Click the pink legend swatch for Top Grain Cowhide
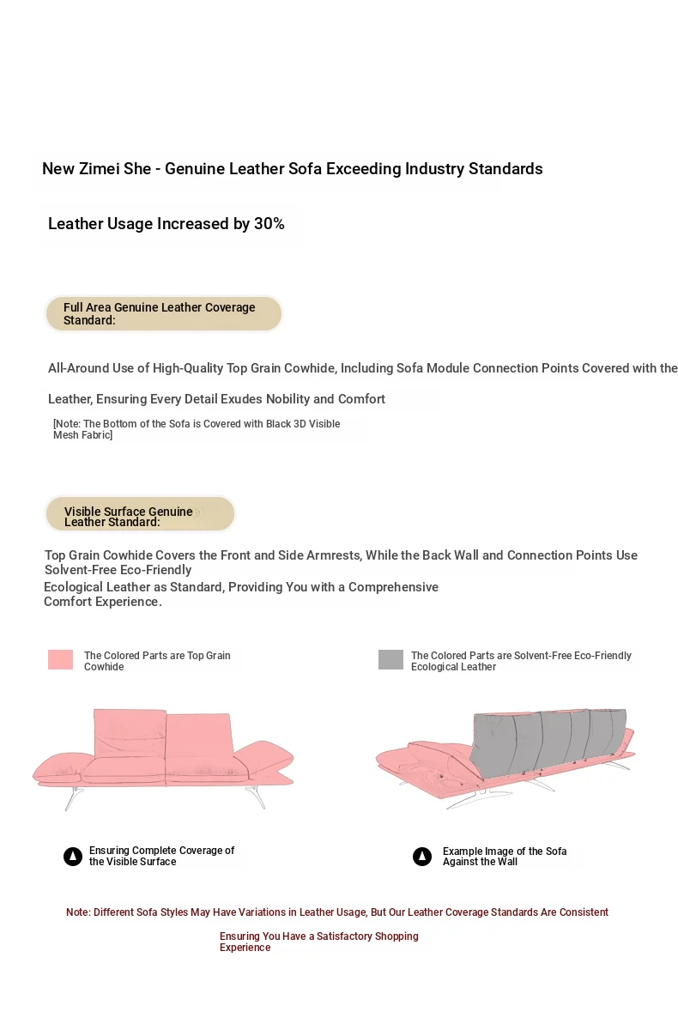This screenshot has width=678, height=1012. pyautogui.click(x=60, y=659)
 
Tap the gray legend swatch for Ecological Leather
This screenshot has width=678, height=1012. pyautogui.click(x=390, y=659)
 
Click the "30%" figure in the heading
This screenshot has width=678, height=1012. pyautogui.click(x=269, y=224)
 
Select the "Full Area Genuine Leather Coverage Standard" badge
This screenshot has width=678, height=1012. pyautogui.click(x=163, y=314)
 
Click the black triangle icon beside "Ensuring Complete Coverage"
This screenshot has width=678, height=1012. pyautogui.click(x=73, y=857)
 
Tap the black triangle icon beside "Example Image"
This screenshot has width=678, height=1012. pyautogui.click(x=422, y=857)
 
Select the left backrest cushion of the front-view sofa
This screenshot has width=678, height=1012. pyautogui.click(x=129, y=730)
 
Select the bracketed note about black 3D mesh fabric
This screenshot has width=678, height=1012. pyautogui.click(x=197, y=430)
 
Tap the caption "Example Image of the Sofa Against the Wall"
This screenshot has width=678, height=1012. pyautogui.click(x=505, y=857)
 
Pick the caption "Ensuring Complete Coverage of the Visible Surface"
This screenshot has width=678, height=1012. pyautogui.click(x=161, y=857)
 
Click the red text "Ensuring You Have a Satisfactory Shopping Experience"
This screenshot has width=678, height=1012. pyautogui.click(x=318, y=942)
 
